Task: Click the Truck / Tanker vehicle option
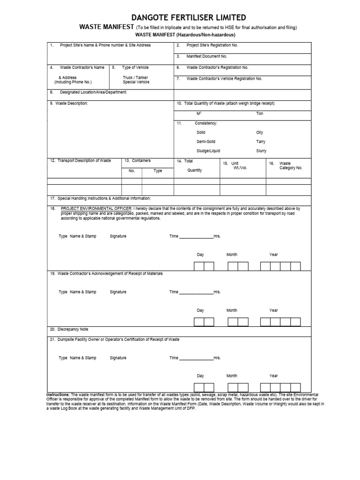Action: tap(136, 77)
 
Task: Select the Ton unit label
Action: tap(260, 113)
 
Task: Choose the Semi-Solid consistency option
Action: tap(206, 142)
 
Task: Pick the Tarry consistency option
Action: tap(261, 142)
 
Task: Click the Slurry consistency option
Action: tap(261, 151)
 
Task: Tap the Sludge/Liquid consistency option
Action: tap(208, 151)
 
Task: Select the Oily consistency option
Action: tap(260, 133)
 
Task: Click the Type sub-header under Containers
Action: tap(158, 171)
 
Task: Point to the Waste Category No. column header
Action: tap(291, 165)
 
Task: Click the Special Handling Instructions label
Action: tap(100, 199)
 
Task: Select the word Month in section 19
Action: tap(232, 310)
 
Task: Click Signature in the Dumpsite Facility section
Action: tap(118, 358)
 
